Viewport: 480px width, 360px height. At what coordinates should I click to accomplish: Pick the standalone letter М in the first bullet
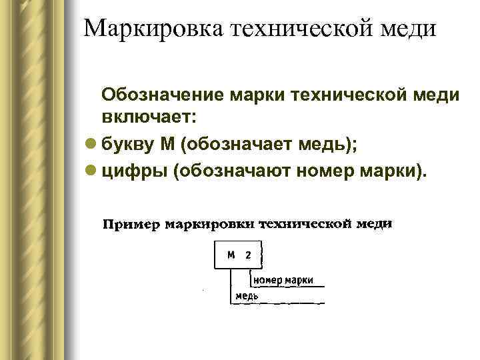coord(167,145)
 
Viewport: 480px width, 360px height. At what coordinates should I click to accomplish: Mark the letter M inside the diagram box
coord(231,255)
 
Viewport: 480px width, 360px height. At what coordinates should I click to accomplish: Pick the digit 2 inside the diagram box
coord(248,255)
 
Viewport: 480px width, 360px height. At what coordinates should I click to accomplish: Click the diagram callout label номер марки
coord(283,280)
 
